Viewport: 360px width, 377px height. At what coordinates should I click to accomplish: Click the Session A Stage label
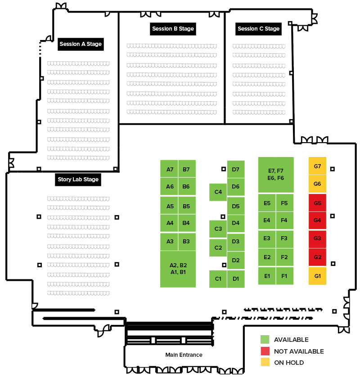[81, 44]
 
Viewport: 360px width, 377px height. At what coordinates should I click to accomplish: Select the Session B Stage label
[173, 29]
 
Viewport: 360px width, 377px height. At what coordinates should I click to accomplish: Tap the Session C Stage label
[258, 29]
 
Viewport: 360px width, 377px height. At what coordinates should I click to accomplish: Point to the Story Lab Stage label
[78, 180]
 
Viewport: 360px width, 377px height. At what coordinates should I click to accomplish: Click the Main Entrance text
[184, 355]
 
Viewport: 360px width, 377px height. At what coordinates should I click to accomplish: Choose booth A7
[169, 169]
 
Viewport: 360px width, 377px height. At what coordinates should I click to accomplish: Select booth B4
[187, 223]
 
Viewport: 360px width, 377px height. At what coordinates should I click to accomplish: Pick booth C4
[218, 192]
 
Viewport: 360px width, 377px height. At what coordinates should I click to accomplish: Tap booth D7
[236, 169]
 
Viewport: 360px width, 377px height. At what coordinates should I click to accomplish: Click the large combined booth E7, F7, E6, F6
[276, 175]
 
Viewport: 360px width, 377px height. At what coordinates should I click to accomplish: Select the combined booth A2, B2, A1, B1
[178, 269]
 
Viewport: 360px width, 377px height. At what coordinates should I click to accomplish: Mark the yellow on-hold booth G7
[317, 166]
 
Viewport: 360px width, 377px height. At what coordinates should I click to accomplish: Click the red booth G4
[317, 220]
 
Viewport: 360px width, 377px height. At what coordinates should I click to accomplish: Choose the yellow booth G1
[317, 276]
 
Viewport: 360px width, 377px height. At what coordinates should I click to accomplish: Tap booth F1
[285, 276]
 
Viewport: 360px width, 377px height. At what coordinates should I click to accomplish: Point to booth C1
[218, 279]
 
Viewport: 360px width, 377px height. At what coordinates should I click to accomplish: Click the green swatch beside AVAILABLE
[265, 340]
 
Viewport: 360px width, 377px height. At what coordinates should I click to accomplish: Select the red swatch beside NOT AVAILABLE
[265, 351]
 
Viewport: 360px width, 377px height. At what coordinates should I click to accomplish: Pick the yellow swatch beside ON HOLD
[265, 362]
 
